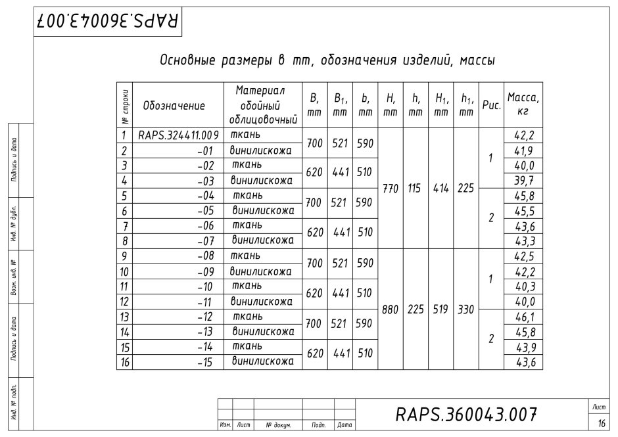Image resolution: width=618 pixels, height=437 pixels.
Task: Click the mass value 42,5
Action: point(523,256)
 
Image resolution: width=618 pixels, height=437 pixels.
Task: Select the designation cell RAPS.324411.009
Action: point(178,136)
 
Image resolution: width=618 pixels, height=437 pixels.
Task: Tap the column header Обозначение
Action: point(174,105)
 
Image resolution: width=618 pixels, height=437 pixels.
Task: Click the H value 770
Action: point(390,189)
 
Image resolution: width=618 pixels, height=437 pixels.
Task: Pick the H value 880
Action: point(390,310)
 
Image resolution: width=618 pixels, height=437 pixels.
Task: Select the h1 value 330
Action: point(466,310)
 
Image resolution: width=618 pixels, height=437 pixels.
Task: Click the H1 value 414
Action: point(440,189)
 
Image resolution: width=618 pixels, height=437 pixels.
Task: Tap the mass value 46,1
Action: point(523,317)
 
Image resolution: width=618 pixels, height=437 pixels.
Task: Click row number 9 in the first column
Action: point(124,256)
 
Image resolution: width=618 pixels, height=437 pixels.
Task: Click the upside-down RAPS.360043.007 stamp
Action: point(107,21)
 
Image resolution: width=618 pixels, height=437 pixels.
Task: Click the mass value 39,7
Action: point(523,181)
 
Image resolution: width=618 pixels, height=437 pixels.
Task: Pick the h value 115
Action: point(415,189)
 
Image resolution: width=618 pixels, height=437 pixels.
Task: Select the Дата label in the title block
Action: point(344,426)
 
